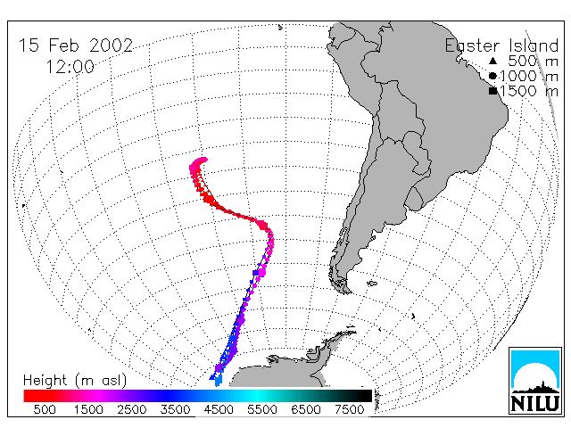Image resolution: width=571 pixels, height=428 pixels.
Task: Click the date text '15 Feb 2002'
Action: click(76, 45)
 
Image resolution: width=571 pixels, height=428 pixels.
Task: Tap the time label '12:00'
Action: click(70, 67)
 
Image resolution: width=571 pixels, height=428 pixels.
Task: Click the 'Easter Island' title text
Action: click(501, 45)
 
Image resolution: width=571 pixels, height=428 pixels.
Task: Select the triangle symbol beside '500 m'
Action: click(492, 61)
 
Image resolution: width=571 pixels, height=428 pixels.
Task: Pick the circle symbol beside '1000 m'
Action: click(492, 76)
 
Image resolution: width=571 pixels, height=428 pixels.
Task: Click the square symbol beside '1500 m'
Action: click(493, 91)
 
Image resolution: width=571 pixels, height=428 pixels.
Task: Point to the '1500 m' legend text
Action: click(529, 91)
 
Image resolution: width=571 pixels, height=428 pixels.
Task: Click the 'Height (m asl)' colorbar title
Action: click(75, 381)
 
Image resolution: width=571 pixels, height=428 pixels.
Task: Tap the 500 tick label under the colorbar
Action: click(45, 409)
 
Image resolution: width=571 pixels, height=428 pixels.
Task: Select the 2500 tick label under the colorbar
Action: click(131, 409)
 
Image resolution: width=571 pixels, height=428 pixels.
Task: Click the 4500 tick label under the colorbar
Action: click(219, 409)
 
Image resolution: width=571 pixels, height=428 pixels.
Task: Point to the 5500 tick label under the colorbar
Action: click(262, 409)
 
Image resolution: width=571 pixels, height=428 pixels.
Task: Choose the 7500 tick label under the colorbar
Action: click(349, 409)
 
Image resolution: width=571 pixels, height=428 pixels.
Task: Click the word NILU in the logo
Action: click(535, 403)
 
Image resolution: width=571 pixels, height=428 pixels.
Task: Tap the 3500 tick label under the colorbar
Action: click(175, 409)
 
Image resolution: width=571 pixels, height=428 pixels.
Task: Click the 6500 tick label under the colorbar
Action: click(306, 409)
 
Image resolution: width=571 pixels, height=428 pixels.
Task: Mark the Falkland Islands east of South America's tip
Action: click(372, 283)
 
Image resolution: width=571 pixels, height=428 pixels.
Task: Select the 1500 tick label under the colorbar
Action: click(88, 409)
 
